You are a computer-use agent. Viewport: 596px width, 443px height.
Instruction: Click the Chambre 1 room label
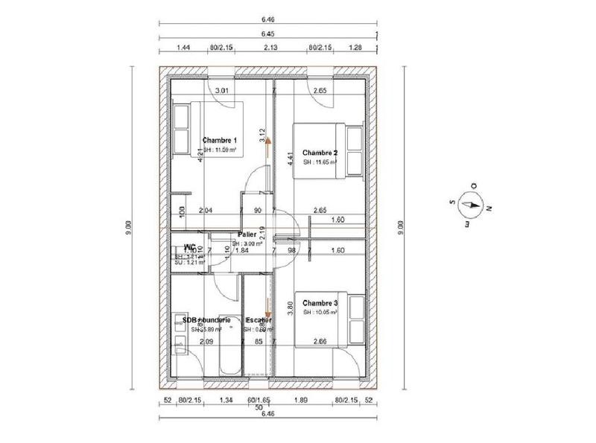click(220, 140)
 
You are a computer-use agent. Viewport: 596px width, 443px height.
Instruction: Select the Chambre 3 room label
click(320, 303)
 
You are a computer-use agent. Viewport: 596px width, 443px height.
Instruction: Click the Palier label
click(248, 234)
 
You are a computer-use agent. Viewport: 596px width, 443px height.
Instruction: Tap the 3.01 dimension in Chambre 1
click(222, 91)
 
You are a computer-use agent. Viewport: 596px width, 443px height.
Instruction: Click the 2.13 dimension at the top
click(271, 48)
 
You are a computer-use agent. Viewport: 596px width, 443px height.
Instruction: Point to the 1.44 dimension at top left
click(183, 48)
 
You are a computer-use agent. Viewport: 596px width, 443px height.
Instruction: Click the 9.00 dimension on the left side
click(128, 223)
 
